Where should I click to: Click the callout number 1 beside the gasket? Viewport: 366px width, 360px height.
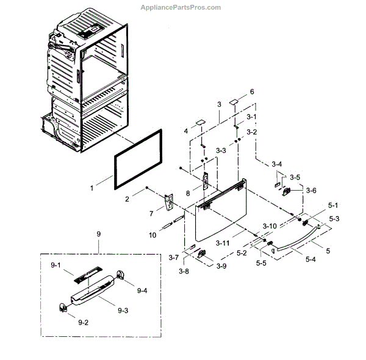pos(91,188)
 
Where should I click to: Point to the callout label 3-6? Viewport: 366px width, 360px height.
pos(311,190)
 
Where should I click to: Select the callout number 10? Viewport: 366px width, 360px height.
pos(152,235)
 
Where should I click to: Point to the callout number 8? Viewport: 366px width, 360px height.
pos(188,193)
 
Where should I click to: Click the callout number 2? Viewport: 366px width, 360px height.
pos(127,199)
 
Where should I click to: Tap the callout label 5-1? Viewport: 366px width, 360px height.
pos(334,205)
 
